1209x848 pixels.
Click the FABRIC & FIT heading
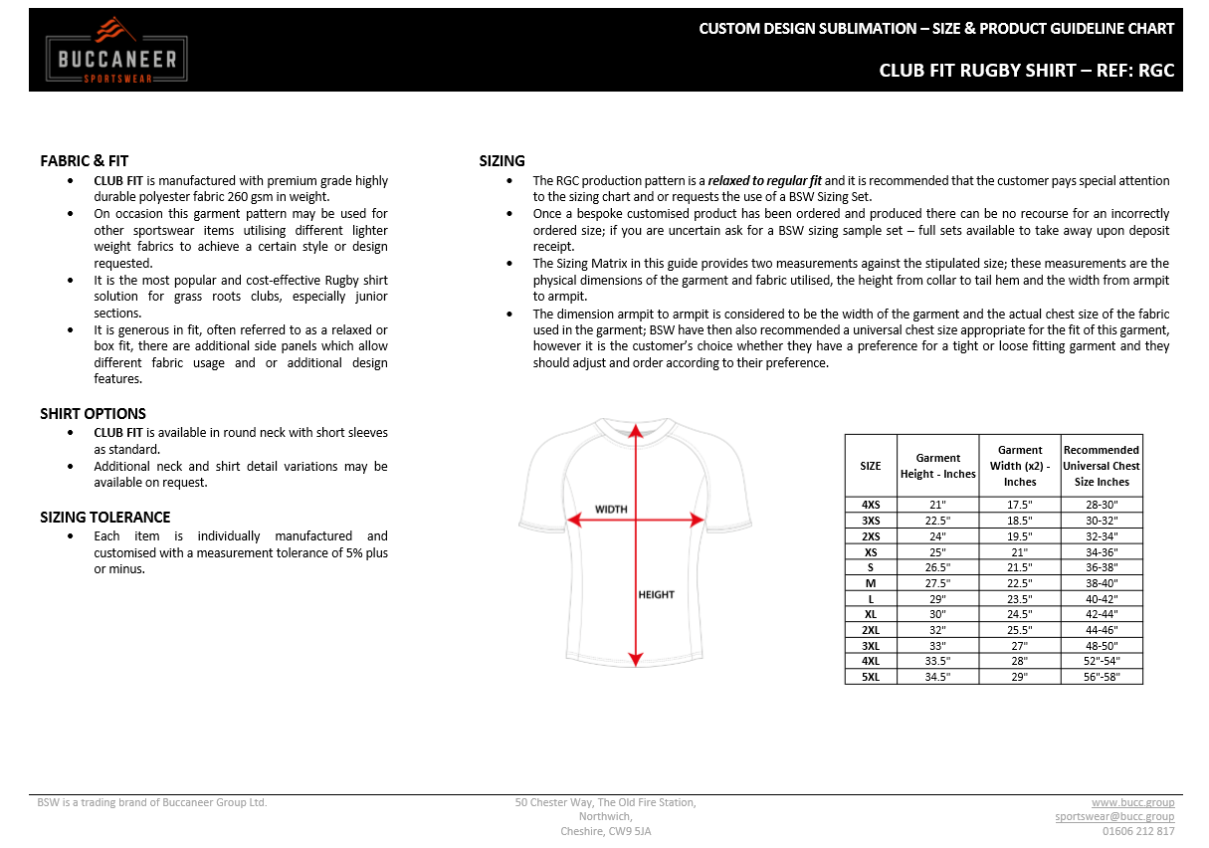(84, 160)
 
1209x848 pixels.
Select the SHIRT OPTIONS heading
(93, 413)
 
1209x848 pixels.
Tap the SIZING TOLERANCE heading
(104, 517)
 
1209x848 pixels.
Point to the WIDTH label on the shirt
(611, 509)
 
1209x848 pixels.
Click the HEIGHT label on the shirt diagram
(656, 594)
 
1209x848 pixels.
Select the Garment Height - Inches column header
(937, 466)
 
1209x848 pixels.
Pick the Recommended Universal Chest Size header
(1101, 466)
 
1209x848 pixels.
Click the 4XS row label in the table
(871, 505)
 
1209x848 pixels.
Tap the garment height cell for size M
(937, 583)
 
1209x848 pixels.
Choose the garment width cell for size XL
(1020, 614)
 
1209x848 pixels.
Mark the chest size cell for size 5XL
(1101, 677)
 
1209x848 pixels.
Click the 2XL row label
(871, 630)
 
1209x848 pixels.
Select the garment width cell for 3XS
(1020, 521)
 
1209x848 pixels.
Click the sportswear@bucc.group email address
(1114, 816)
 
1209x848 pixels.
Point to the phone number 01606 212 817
(1138, 831)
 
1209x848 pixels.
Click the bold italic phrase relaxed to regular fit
(764, 181)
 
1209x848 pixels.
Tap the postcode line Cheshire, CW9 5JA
(605, 831)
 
